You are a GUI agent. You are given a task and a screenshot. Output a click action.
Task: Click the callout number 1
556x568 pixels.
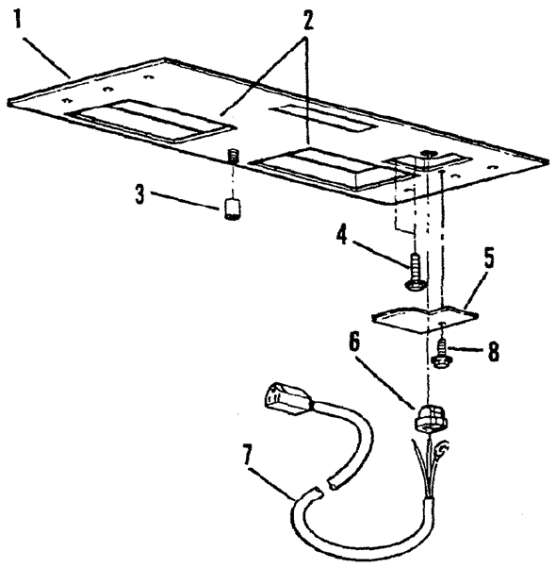(17, 19)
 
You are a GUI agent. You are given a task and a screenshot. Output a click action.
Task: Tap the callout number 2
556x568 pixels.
(307, 20)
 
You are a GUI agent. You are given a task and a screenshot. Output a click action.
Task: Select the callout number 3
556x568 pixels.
(140, 193)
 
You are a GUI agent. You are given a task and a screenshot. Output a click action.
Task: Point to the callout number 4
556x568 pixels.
(342, 236)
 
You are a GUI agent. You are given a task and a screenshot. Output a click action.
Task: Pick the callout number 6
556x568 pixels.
(355, 342)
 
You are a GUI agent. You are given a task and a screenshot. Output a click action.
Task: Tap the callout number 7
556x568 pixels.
(247, 456)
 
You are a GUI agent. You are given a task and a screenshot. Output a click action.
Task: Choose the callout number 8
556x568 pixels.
(494, 351)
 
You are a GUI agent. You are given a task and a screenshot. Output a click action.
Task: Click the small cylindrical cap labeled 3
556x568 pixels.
(231, 209)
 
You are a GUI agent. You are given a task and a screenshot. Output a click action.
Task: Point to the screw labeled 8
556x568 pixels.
(441, 353)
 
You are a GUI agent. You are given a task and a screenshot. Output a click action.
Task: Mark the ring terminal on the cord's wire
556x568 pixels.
(444, 449)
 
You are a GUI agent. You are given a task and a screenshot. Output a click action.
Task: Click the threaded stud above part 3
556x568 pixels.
(233, 157)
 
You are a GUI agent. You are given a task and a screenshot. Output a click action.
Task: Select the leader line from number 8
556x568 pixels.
(466, 350)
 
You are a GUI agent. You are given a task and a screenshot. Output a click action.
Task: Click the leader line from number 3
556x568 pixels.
(184, 200)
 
